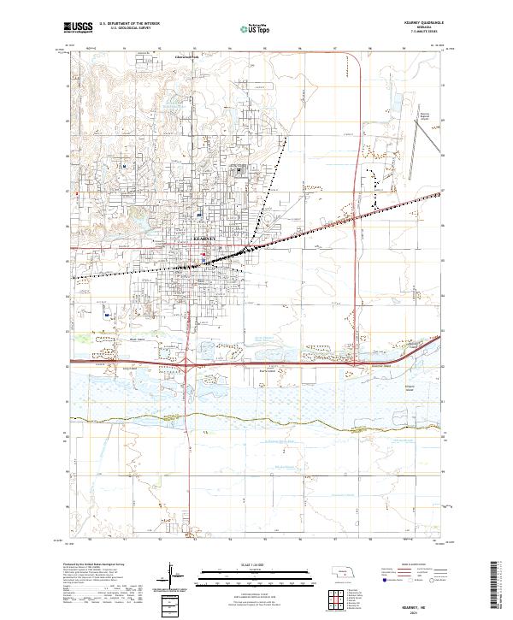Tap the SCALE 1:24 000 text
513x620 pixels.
point(256,563)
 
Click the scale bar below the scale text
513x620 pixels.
point(256,574)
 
